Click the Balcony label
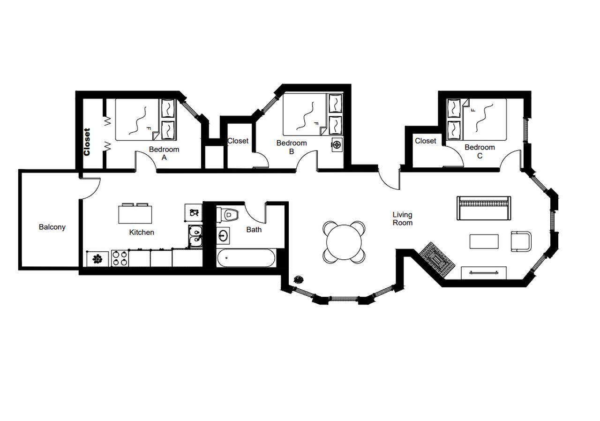pyautogui.click(x=52, y=227)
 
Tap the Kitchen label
pyautogui.click(x=142, y=232)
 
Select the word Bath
pyautogui.click(x=254, y=230)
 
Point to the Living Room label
pyautogui.click(x=403, y=218)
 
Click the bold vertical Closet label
pyautogui.click(x=87, y=142)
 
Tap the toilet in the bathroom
pyautogui.click(x=228, y=215)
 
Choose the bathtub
pyautogui.click(x=246, y=258)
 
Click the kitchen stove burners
pyautogui.click(x=120, y=258)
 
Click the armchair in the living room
pyautogui.click(x=521, y=241)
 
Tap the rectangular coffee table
pyautogui.click(x=484, y=241)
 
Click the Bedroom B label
pyautogui.click(x=292, y=147)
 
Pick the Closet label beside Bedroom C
pyautogui.click(x=426, y=141)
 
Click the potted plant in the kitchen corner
pyautogui.click(x=97, y=258)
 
